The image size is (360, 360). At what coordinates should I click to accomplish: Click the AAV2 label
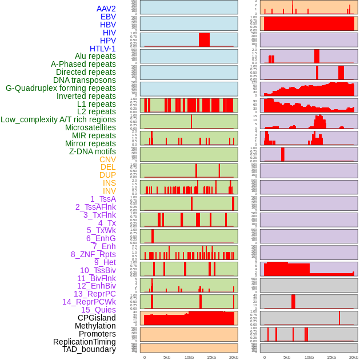106,9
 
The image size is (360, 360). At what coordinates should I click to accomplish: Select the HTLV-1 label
103,49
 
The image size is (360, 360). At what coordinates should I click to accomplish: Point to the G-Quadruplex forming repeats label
61,88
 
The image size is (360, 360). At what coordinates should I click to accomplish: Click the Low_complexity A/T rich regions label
58,119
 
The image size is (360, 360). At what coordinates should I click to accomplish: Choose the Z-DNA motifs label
93,151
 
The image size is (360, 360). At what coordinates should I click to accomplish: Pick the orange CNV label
107,159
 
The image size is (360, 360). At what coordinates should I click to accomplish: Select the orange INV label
109,191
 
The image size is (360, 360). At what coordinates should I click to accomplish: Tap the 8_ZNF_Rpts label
93,254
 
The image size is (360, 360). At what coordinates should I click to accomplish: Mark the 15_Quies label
98,310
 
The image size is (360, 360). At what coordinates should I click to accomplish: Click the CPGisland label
97,318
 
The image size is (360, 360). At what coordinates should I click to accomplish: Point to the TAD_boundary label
89,349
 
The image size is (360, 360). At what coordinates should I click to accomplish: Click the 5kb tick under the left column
167,358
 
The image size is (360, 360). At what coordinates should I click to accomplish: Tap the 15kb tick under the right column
331,358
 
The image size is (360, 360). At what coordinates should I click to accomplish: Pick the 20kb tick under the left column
234,358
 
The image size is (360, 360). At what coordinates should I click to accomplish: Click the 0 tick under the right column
264,358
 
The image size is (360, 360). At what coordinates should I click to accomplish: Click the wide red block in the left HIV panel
204,39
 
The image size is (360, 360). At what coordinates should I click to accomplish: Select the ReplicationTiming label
85,342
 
